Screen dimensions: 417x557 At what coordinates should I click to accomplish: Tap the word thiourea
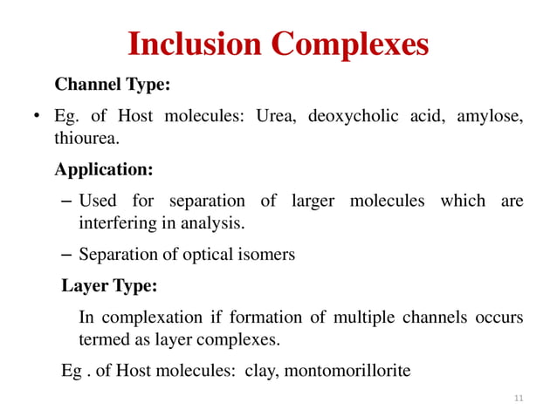point(86,139)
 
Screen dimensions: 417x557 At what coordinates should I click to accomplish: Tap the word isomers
point(266,255)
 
